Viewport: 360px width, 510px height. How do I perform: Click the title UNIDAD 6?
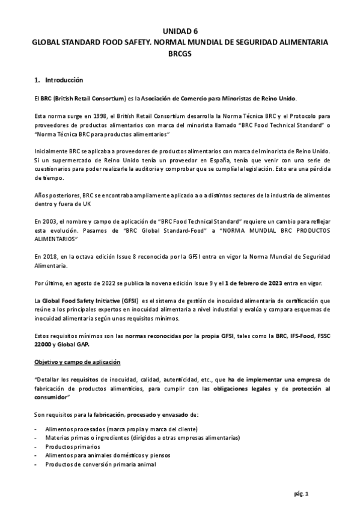180,31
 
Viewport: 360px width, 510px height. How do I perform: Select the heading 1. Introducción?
59,80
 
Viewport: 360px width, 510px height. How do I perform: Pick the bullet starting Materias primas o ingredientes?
90,438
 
